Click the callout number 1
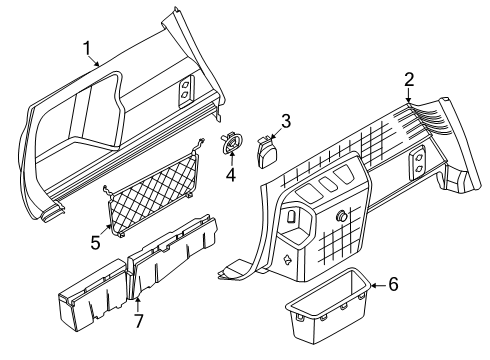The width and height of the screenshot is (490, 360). click(87, 47)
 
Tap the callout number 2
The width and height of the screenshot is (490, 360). click(408, 80)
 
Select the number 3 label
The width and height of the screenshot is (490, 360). click(285, 122)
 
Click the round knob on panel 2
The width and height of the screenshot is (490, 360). click(343, 217)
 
